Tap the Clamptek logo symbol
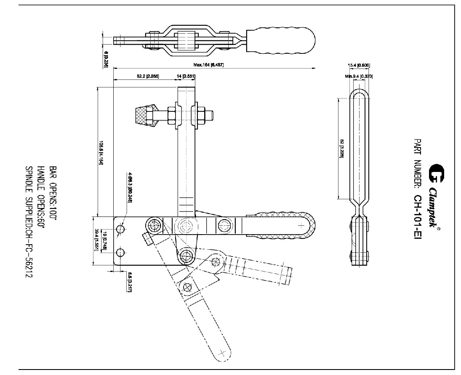435,174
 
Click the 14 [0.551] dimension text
186,76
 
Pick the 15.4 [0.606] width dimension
359,65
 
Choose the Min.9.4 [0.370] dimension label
359,76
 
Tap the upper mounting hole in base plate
120,229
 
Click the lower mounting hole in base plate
120,253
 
